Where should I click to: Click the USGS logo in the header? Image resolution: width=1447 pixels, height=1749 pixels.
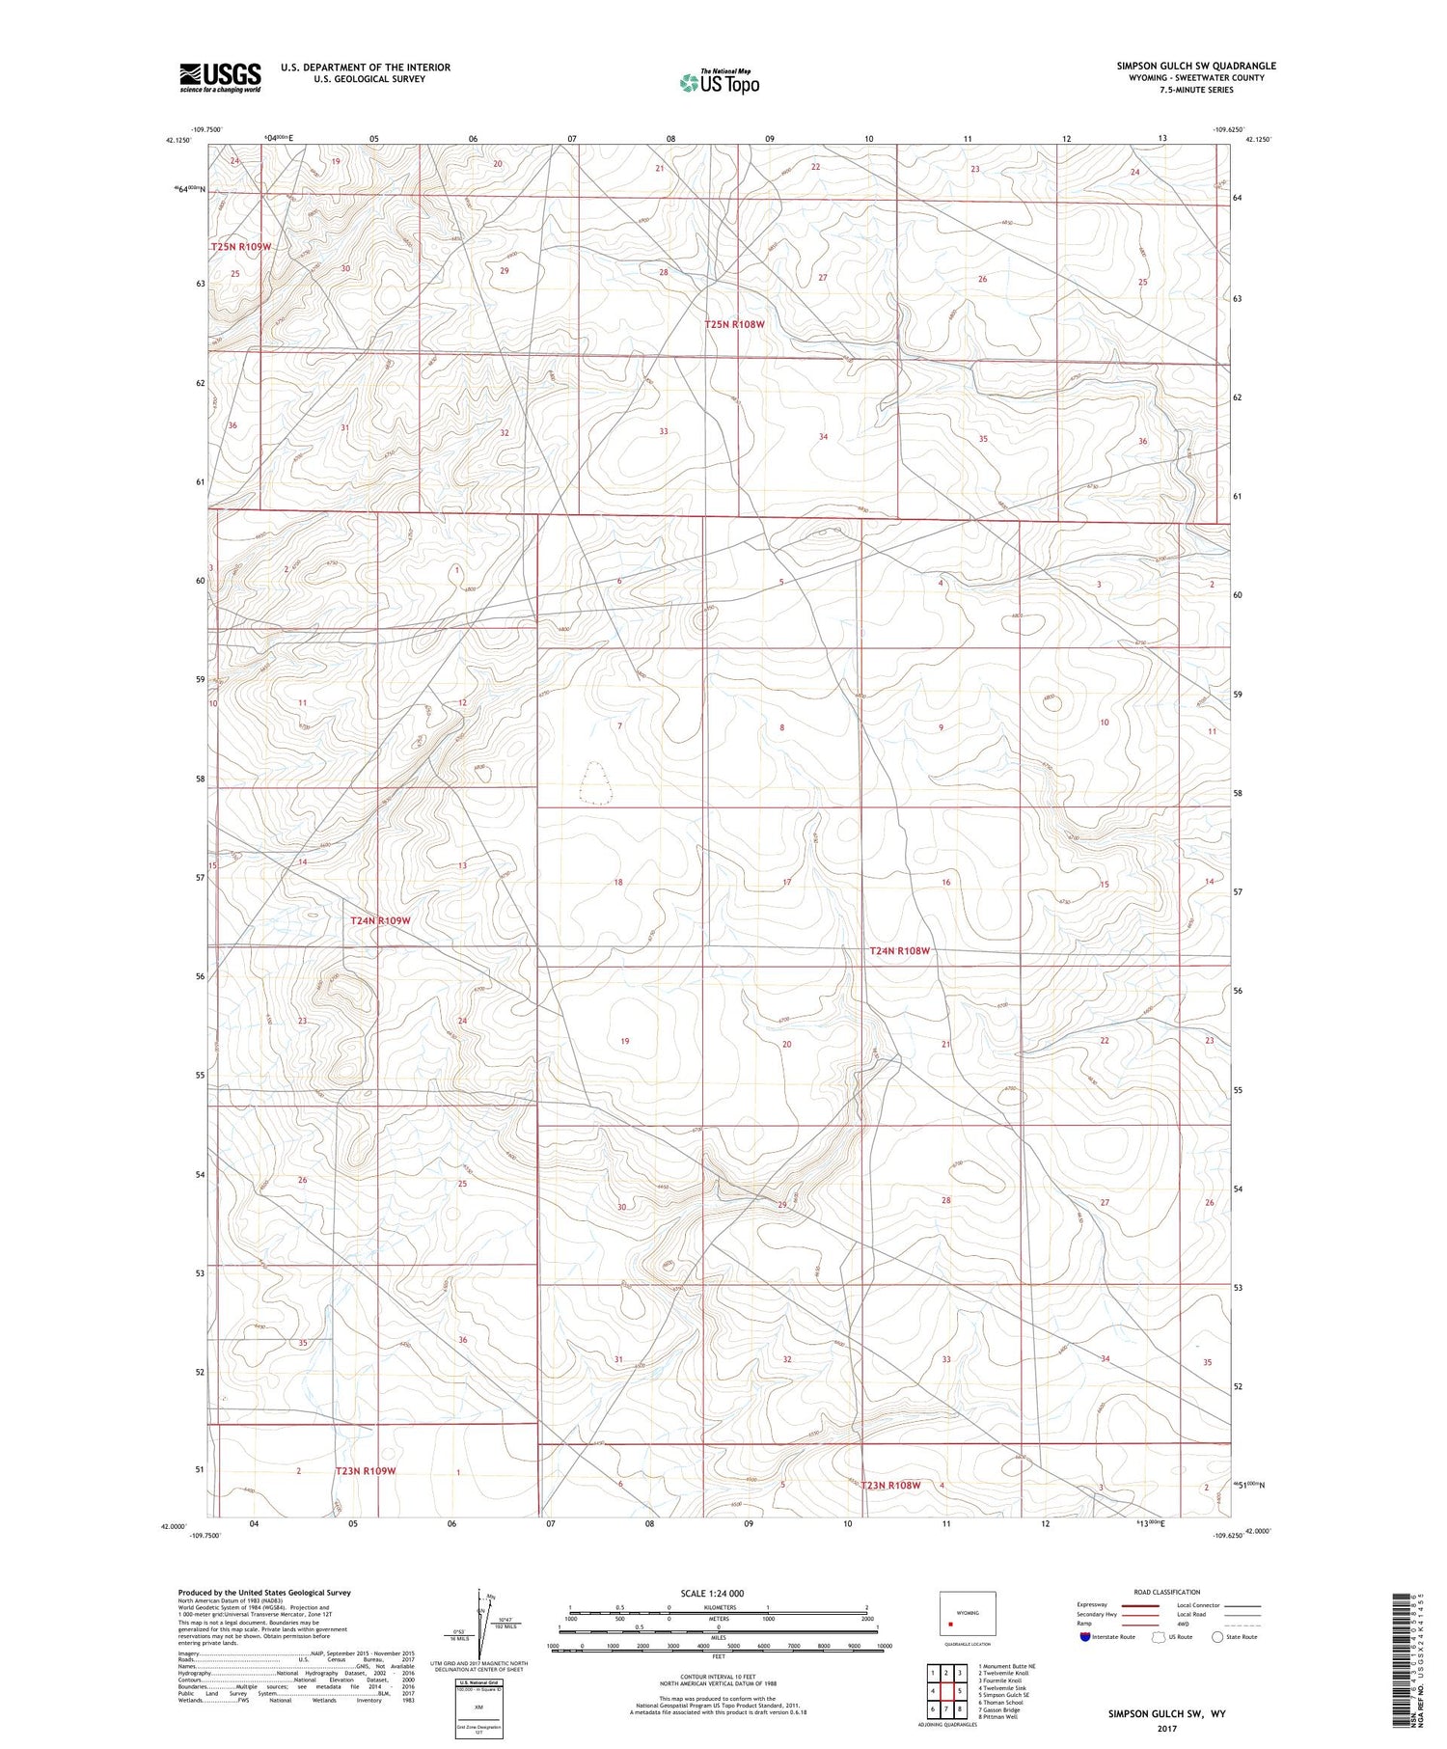point(220,77)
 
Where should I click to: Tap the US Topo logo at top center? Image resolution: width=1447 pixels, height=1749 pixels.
point(719,83)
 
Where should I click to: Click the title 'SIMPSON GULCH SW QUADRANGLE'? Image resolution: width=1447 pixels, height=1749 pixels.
point(1196,66)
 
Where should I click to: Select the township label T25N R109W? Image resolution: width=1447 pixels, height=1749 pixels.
point(241,247)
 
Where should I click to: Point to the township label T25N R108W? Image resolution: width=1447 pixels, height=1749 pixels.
point(734,324)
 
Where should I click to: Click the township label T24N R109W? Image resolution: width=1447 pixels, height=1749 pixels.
point(380,920)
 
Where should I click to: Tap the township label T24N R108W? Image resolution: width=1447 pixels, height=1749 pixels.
point(899,951)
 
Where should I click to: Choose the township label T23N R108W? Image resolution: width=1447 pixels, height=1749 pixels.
point(890,1486)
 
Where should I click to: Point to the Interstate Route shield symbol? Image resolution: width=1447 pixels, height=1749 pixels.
point(1085,1637)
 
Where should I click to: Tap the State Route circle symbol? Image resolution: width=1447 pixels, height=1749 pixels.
point(1217,1637)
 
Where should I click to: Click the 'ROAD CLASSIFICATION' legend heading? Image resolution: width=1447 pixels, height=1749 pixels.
point(1167,1592)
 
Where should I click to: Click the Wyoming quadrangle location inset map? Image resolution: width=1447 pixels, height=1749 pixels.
point(967,1616)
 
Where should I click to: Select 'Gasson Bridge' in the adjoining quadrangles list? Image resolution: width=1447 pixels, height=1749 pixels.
point(1000,1709)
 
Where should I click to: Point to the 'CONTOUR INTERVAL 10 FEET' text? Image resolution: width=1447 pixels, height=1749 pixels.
point(718,1678)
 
